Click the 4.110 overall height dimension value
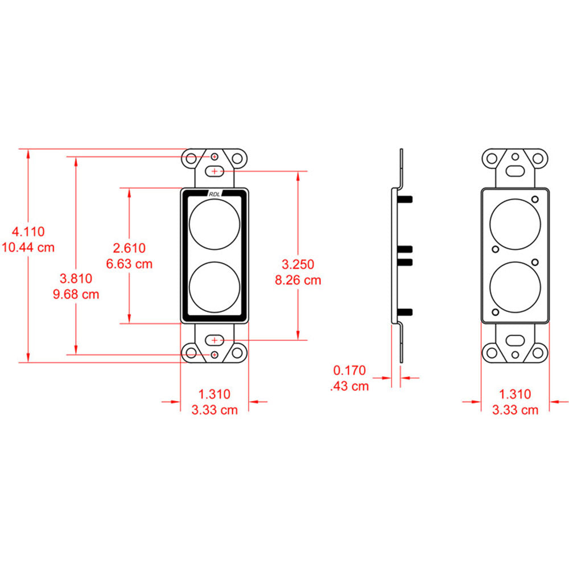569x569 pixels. tap(28, 232)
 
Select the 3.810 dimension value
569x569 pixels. tap(76, 278)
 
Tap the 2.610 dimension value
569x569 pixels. tap(129, 248)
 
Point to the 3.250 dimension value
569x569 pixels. tap(298, 264)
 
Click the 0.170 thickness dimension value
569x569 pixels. tap(349, 370)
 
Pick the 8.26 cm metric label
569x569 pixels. tap(298, 280)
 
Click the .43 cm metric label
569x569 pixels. tap(349, 386)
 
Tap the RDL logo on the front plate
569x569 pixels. tap(215, 194)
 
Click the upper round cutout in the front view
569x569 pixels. tap(215, 224)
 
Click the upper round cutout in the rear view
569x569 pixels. tap(515, 224)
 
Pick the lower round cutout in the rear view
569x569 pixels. tap(515, 287)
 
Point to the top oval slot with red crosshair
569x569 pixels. tap(215, 170)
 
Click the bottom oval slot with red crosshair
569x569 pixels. tap(215, 340)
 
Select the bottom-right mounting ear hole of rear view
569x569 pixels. tap(537, 353)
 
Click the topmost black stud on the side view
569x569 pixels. tap(406, 198)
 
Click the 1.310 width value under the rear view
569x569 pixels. tap(515, 394)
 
